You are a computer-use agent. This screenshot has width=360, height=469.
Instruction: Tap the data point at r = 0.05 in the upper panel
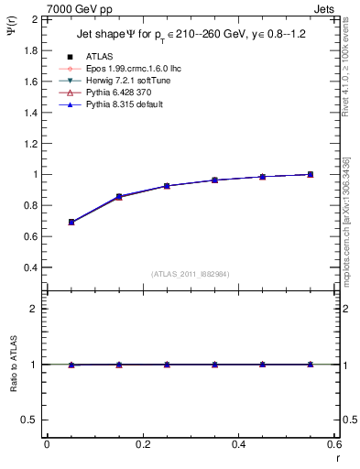(71, 222)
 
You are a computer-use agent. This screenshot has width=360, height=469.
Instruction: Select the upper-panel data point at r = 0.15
(120, 197)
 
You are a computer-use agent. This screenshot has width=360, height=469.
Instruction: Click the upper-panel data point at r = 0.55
(311, 174)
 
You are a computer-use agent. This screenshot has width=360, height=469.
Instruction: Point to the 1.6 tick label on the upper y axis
(31, 81)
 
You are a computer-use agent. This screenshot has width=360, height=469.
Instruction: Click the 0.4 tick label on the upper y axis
(31, 267)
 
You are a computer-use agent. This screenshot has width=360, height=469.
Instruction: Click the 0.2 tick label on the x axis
(143, 444)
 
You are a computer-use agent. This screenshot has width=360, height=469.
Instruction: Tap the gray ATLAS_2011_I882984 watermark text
(191, 274)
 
